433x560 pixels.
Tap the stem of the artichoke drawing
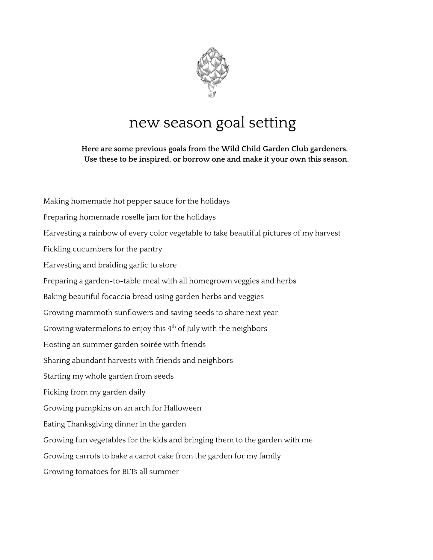[x=212, y=90]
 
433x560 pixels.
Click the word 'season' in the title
[x=188, y=122]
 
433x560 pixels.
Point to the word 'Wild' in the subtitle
[x=228, y=149]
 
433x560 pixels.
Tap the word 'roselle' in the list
[x=133, y=217]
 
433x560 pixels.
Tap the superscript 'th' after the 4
[x=174, y=326]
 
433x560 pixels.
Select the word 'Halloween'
[x=182, y=408]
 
